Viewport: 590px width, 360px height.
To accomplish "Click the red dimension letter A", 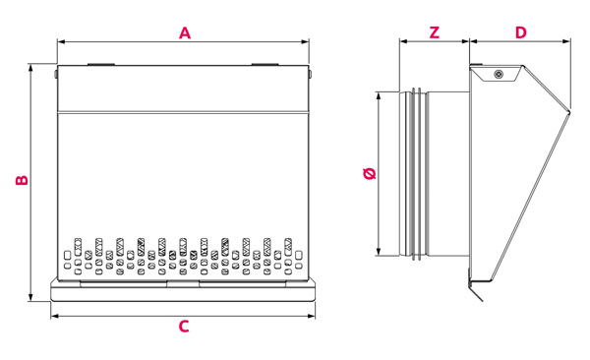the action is click(x=185, y=32).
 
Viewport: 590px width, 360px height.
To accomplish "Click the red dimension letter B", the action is click(x=22, y=180).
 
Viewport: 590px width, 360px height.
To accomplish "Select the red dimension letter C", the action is click(x=184, y=327).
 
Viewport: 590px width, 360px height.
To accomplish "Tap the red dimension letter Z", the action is click(x=435, y=32).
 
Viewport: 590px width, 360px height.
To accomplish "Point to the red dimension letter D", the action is click(x=521, y=32).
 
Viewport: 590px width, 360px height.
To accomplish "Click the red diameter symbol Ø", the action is click(x=371, y=173).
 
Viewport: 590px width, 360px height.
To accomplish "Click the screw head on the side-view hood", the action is click(x=499, y=74).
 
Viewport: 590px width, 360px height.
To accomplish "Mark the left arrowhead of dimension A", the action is click(x=61, y=41).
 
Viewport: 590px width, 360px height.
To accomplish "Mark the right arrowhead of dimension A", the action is click(x=305, y=41).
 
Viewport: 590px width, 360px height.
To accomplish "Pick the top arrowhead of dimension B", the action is click(x=30, y=68).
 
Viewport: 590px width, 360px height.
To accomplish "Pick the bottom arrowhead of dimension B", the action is click(x=30, y=297).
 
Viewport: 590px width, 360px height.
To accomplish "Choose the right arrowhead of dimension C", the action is click(x=311, y=317).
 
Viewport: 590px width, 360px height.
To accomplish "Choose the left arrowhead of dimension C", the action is click(x=55, y=317).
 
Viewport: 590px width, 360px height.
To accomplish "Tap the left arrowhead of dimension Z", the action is click(x=403, y=41).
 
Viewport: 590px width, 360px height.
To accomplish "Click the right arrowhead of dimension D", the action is click(x=566, y=41).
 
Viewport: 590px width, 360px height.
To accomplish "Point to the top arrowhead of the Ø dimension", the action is click(x=379, y=95).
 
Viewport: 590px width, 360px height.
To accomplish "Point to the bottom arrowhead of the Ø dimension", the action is click(x=379, y=252).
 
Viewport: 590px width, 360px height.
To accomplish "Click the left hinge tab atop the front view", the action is click(x=101, y=64).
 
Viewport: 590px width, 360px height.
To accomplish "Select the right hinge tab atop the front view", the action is click(x=265, y=64).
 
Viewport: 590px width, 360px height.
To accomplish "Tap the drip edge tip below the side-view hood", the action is click(x=482, y=301).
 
